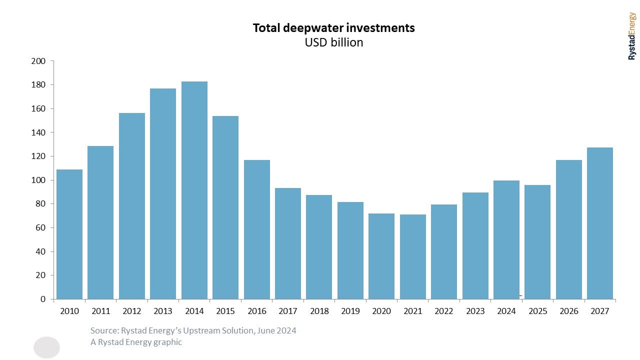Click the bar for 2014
[x=194, y=190]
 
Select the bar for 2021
[x=412, y=256]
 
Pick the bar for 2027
[x=599, y=223]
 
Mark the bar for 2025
[x=537, y=242]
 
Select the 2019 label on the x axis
[x=350, y=311]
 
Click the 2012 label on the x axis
[x=131, y=311]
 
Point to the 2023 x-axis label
[x=475, y=311]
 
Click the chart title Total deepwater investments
[x=333, y=28]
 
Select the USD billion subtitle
[x=333, y=42]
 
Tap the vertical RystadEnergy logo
[x=632, y=36]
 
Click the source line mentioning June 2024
[x=193, y=330]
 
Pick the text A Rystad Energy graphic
[x=136, y=342]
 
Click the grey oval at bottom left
[x=46, y=347]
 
